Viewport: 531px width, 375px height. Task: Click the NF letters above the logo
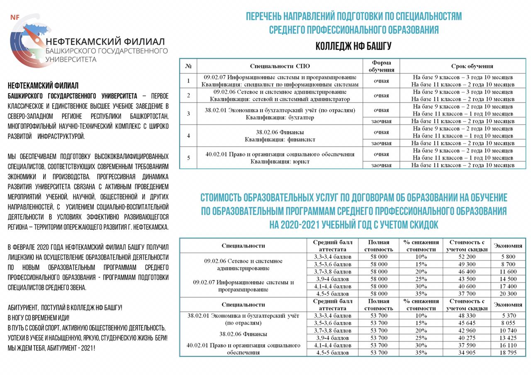click(x=15, y=17)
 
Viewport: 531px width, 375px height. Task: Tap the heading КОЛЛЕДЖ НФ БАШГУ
click(x=353, y=46)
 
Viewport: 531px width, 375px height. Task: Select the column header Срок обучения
click(x=472, y=66)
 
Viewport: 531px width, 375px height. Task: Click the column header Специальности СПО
click(x=280, y=66)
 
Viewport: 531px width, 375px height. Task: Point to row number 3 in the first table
click(x=188, y=114)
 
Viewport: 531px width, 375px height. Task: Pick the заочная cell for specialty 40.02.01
click(x=381, y=165)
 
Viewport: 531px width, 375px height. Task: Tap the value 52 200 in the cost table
click(x=467, y=257)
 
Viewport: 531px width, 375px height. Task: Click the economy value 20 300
click(x=508, y=294)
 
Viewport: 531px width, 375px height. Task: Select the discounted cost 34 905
click(x=467, y=353)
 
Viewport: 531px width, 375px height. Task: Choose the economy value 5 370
click(x=508, y=316)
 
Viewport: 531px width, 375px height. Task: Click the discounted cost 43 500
click(x=467, y=279)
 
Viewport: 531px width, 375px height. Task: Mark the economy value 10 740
click(x=508, y=331)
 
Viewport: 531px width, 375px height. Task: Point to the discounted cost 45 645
click(x=467, y=323)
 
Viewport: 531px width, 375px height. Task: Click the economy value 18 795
click(x=508, y=353)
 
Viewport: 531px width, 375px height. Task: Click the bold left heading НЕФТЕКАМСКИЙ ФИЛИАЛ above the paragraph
click(x=43, y=86)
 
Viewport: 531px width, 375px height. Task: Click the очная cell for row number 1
click(x=381, y=81)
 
